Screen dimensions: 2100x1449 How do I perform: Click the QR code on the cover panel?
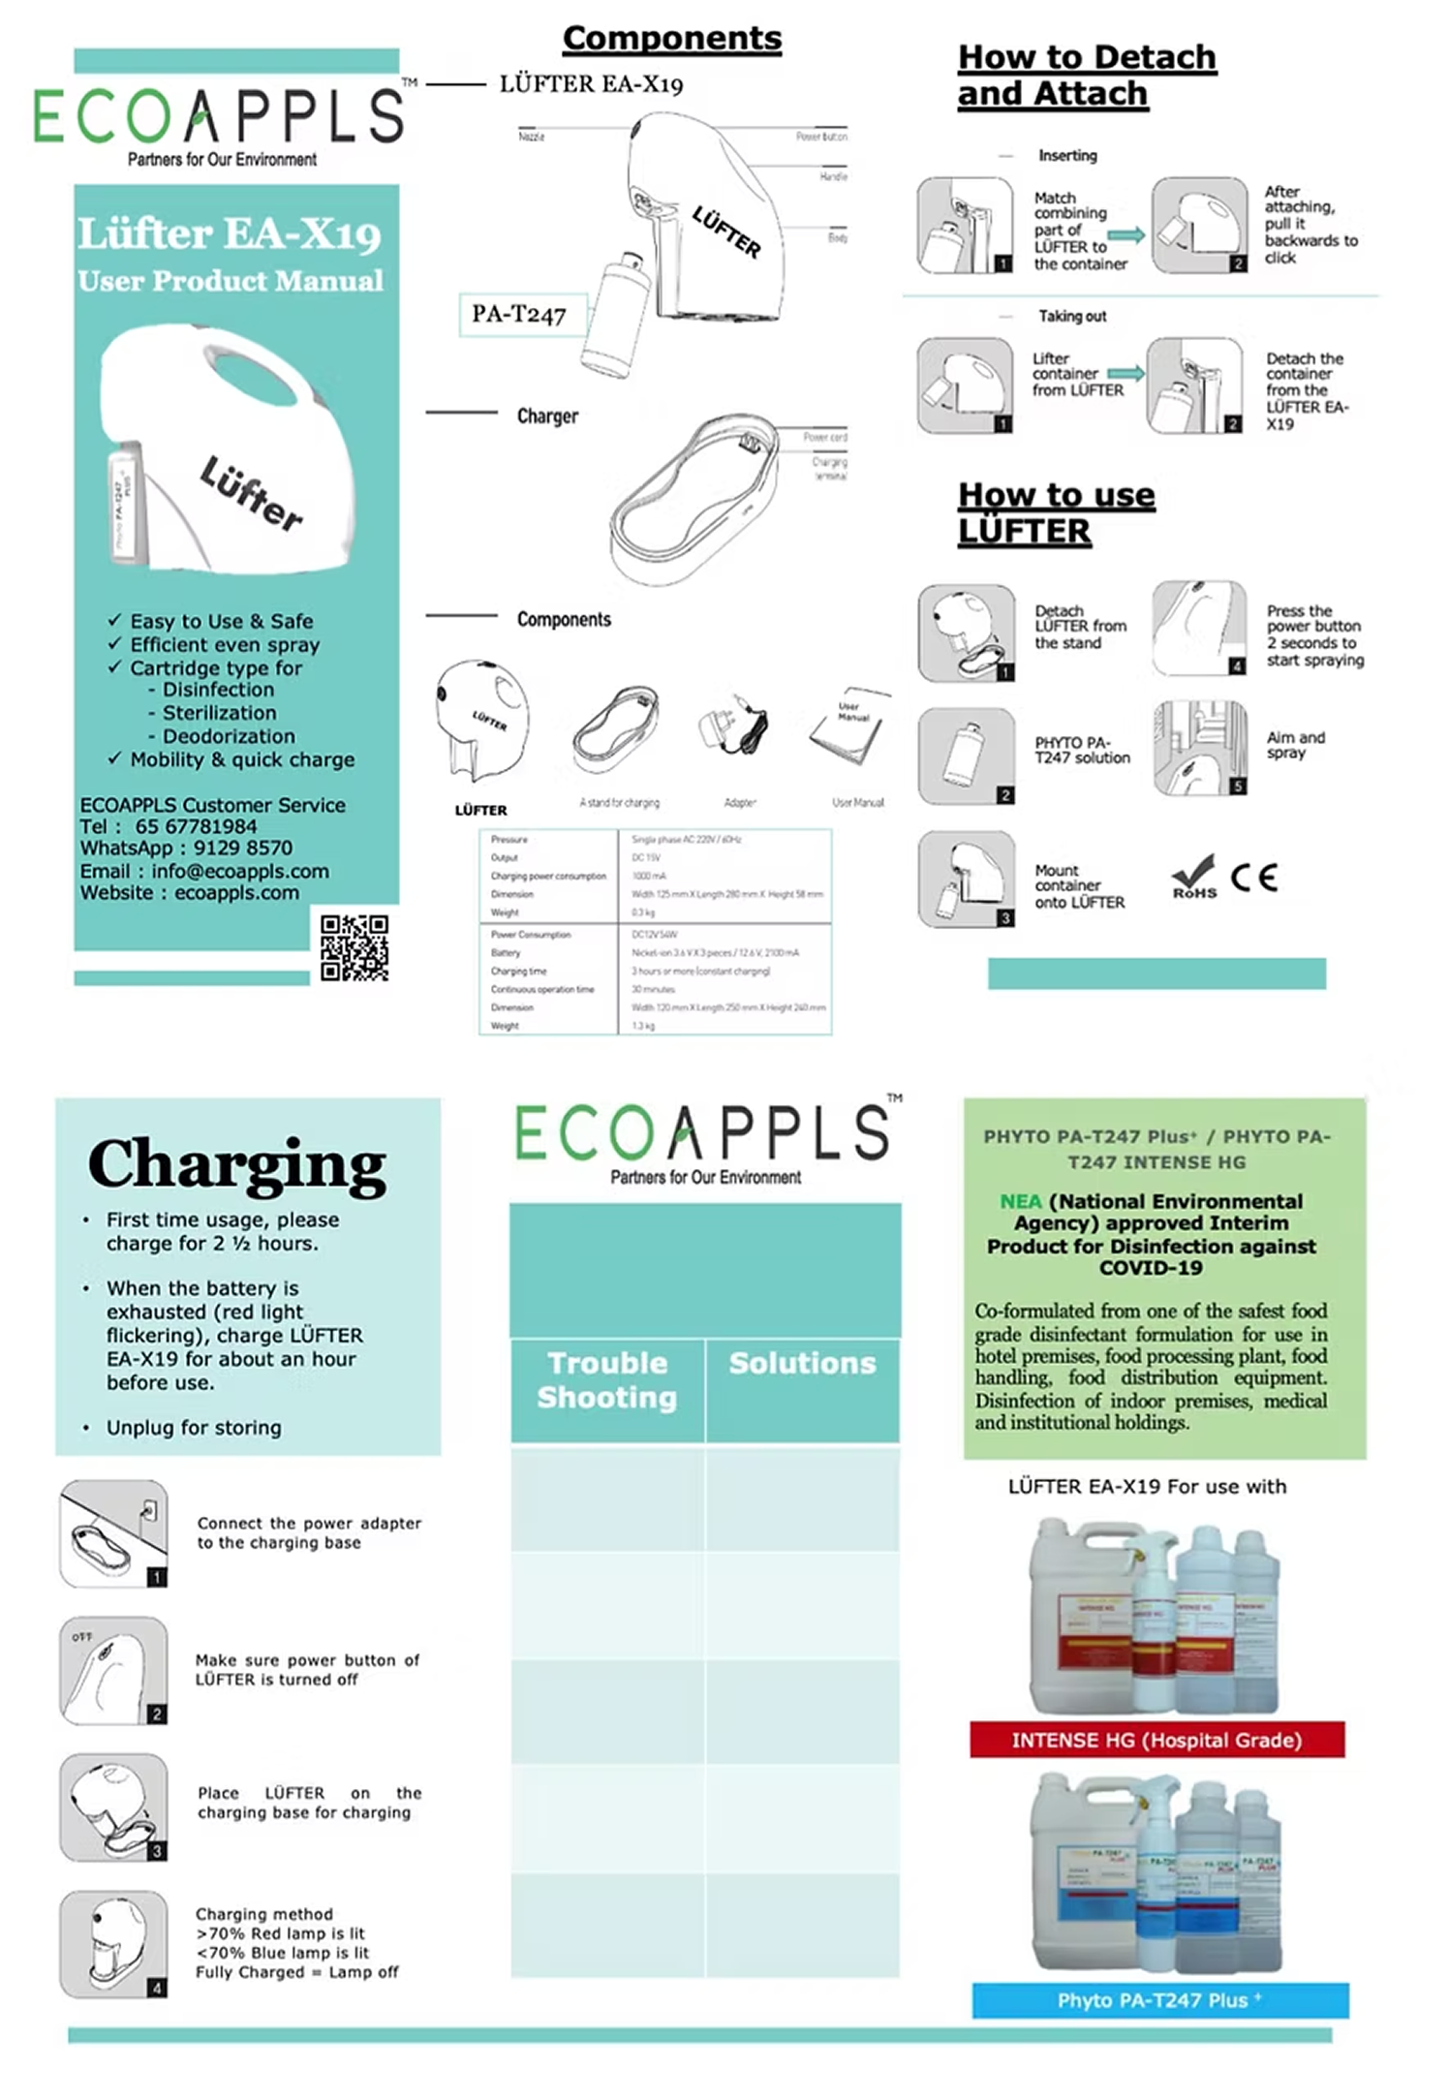pos(354,947)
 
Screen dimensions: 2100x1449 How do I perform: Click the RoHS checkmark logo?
pos(1194,877)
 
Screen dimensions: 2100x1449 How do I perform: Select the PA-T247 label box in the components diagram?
pos(519,314)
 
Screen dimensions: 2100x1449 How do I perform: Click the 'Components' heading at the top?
pos(672,38)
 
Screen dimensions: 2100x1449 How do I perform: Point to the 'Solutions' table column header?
pos(802,1363)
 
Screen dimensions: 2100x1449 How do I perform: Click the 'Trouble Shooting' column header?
pos(607,1379)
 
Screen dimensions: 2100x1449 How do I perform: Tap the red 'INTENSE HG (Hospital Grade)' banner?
pos(1156,1740)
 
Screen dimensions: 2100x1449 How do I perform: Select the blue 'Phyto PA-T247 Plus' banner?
pos(1159,2000)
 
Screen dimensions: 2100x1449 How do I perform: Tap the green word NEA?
pos(1020,1201)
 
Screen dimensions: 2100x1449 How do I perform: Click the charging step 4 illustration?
pos(112,1943)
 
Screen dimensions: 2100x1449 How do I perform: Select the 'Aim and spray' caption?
pos(1295,744)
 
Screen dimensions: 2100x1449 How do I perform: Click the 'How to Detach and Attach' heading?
pos(1086,75)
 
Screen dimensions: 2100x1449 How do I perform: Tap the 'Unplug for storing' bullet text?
pos(194,1427)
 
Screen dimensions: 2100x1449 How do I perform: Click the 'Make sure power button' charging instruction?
pos(307,1669)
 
